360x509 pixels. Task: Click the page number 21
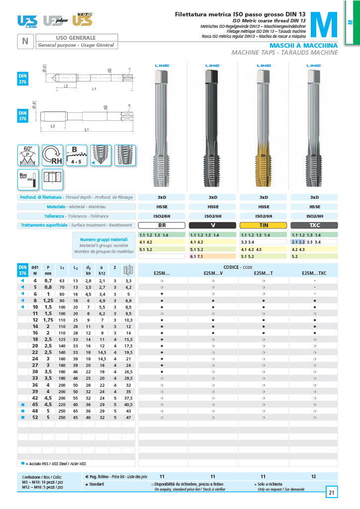(x=332, y=493)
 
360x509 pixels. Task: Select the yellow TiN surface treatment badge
(x=264, y=225)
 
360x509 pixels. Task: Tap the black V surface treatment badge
(x=213, y=225)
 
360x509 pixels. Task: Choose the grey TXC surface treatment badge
(x=315, y=225)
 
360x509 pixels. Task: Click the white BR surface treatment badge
(x=162, y=225)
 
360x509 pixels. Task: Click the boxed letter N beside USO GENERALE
(x=25, y=41)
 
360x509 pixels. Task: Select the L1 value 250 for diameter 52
(x=62, y=418)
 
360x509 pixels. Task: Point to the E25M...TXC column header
(x=314, y=273)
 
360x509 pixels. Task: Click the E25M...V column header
(x=213, y=273)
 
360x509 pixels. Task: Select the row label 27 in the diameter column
(x=35, y=365)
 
